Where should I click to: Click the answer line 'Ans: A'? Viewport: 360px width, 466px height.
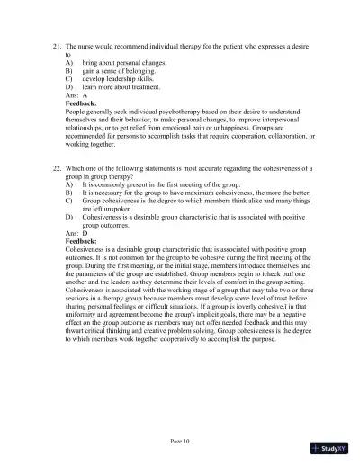[76, 98]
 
